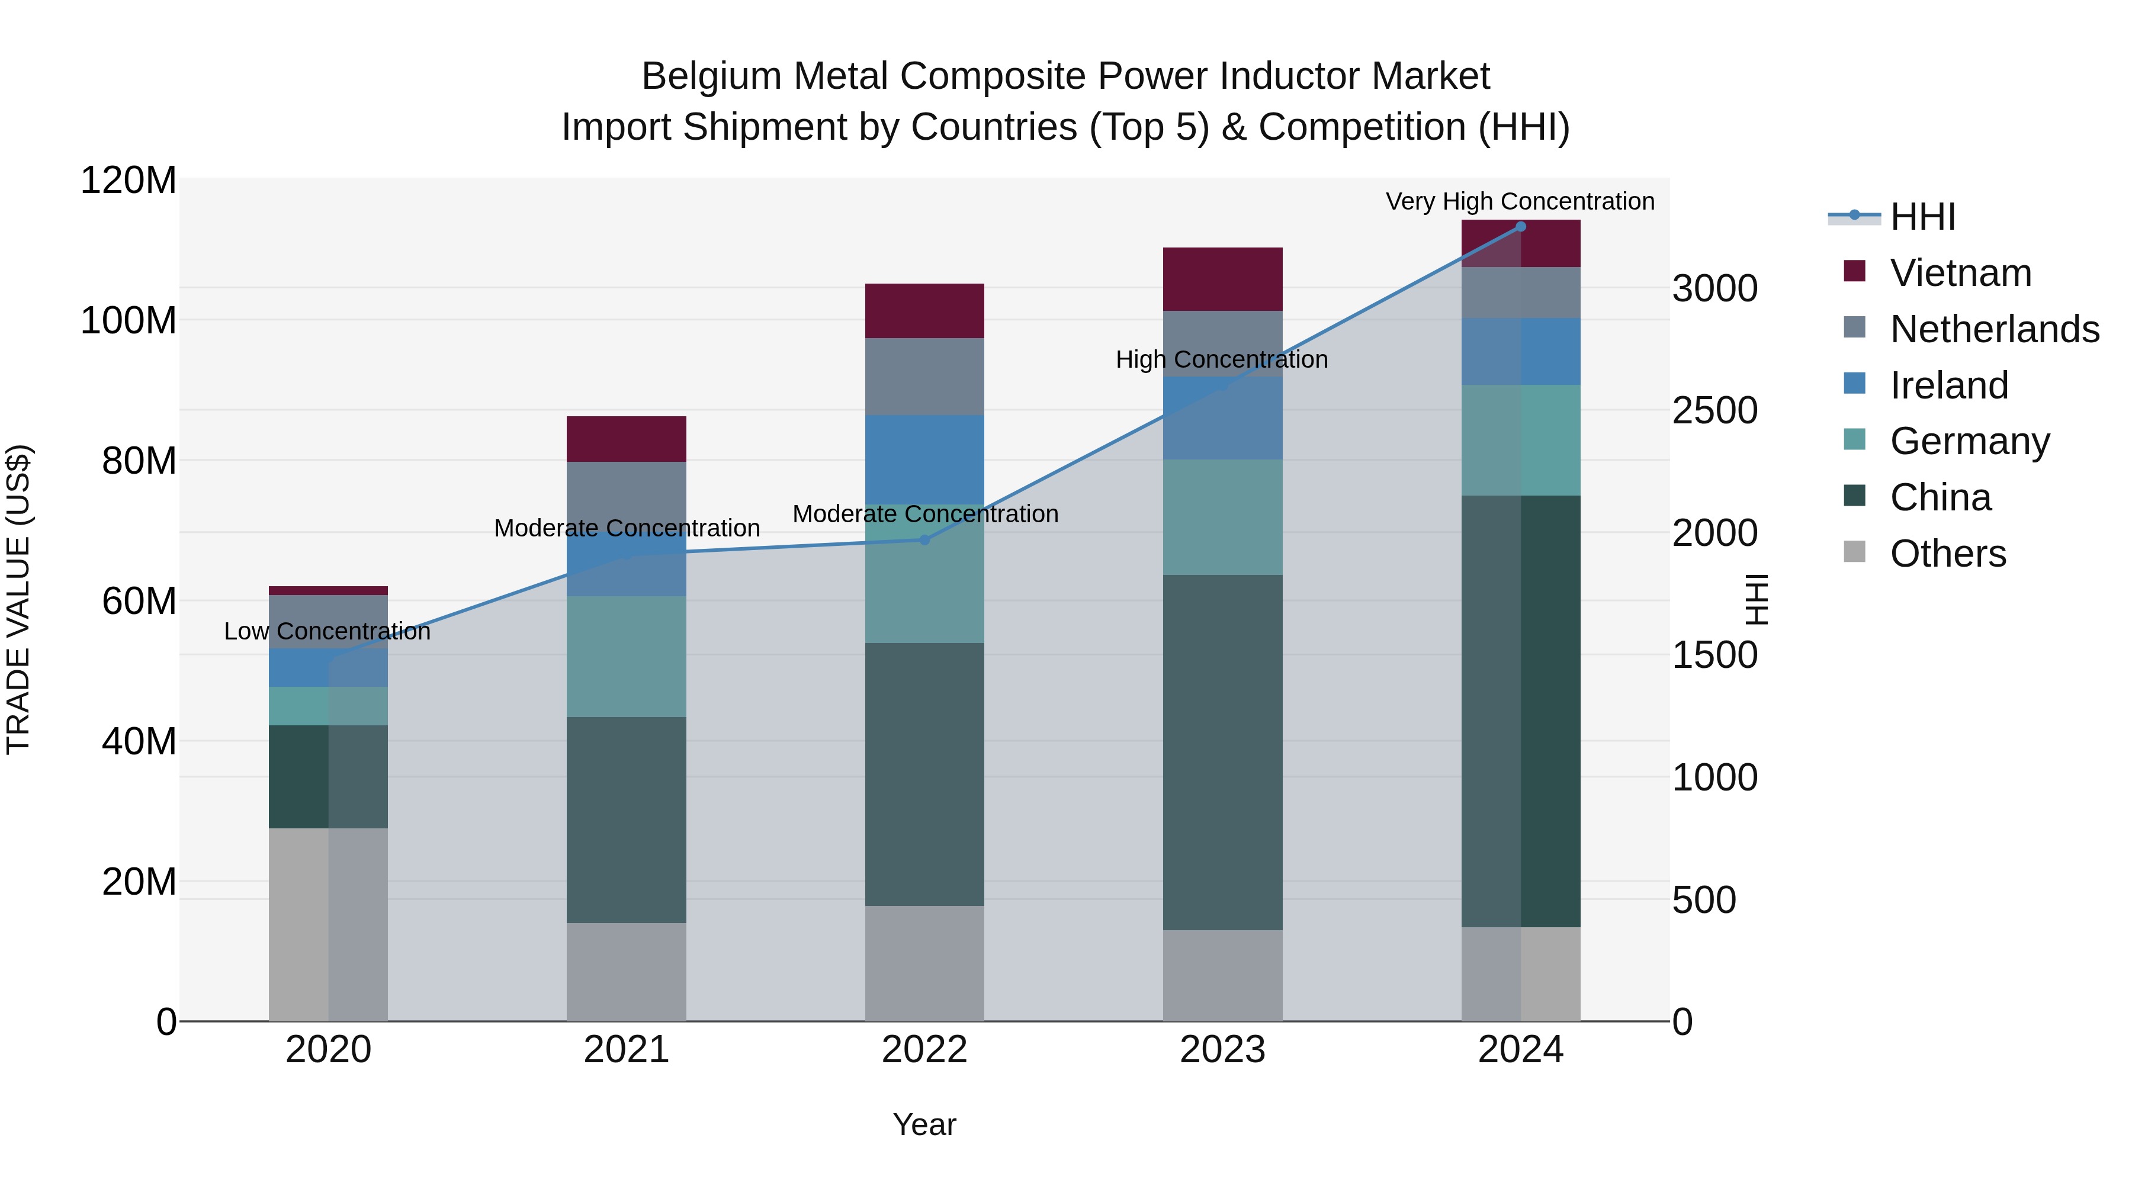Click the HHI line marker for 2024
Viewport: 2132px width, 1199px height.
1520,227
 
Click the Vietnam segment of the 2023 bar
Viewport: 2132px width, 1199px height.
1222,279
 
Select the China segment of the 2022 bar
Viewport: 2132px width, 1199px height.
924,774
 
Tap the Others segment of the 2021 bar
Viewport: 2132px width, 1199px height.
627,972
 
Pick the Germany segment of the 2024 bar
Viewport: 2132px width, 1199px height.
1520,440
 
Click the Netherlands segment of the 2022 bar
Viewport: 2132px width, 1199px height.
924,377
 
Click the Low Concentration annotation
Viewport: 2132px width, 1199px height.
327,631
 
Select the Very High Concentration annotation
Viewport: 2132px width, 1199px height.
1520,201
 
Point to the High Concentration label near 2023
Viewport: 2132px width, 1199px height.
1222,360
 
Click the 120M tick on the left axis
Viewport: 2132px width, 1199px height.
129,181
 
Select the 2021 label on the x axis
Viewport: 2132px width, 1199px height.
627,1050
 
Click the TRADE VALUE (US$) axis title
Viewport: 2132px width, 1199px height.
18,599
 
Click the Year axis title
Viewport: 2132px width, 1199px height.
924,1124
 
